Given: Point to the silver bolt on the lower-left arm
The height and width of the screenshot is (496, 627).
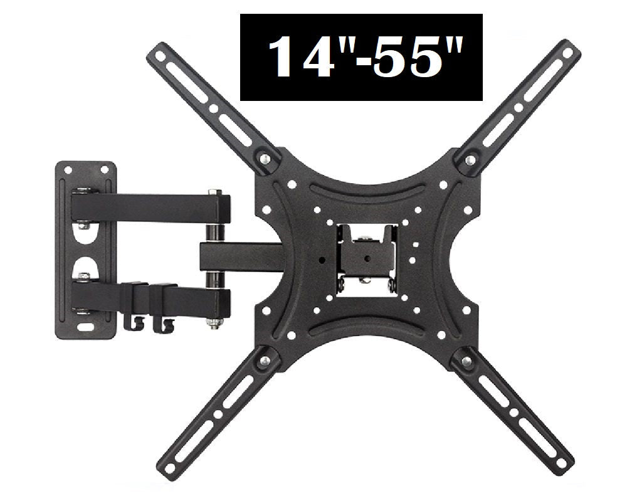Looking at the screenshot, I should coord(265,360).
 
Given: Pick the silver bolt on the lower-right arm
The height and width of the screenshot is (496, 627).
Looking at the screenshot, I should coord(466,359).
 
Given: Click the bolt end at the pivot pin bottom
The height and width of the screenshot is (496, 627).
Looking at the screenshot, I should coord(215,324).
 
